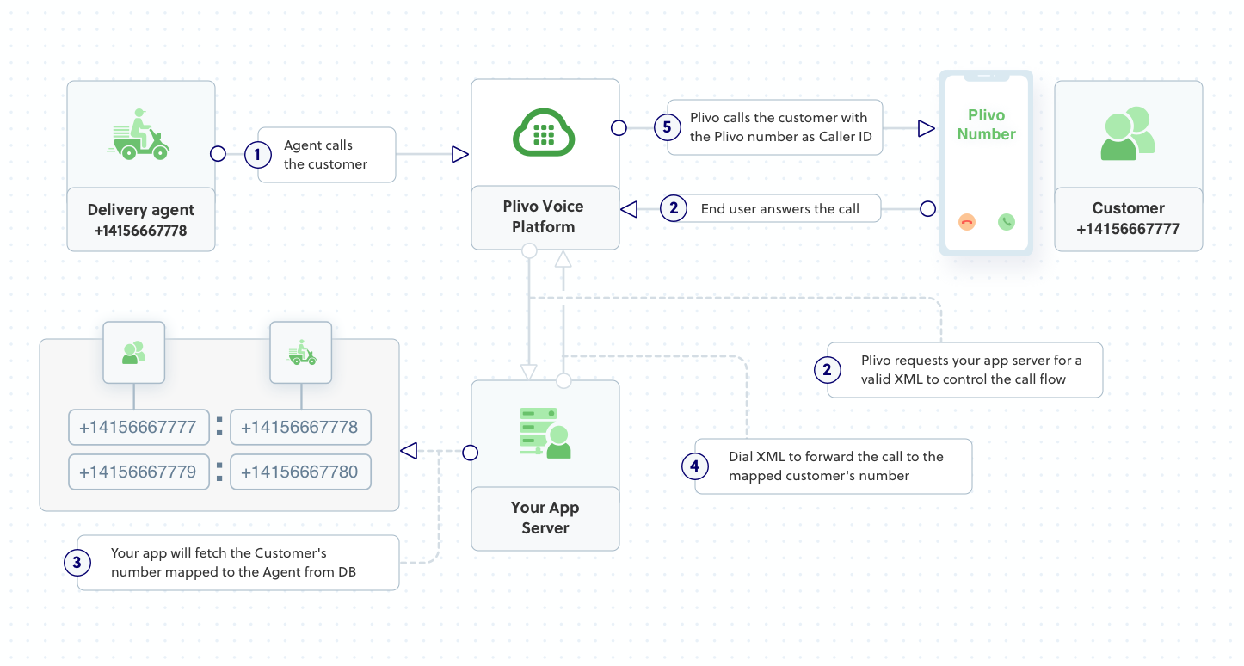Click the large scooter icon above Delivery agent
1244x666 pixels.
click(x=139, y=135)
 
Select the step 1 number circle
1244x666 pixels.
click(x=257, y=155)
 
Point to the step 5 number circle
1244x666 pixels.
click(x=667, y=128)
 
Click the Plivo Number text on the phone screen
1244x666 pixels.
click(x=986, y=125)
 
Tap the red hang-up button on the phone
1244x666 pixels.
click(x=966, y=222)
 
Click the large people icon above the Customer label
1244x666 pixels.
click(x=1127, y=134)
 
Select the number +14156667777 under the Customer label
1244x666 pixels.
click(x=1128, y=230)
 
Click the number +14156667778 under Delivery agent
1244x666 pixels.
click(x=141, y=231)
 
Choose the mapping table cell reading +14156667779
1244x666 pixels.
click(x=139, y=472)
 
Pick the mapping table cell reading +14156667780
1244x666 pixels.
click(x=300, y=472)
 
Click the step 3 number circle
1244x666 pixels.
click(x=77, y=563)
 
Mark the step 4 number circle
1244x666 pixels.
click(x=695, y=466)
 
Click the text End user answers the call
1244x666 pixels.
click(x=779, y=209)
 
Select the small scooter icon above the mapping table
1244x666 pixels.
click(x=300, y=353)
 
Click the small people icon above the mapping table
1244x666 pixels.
click(x=133, y=353)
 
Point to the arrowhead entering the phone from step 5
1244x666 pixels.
click(x=926, y=129)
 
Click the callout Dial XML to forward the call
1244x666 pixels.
click(x=834, y=466)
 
